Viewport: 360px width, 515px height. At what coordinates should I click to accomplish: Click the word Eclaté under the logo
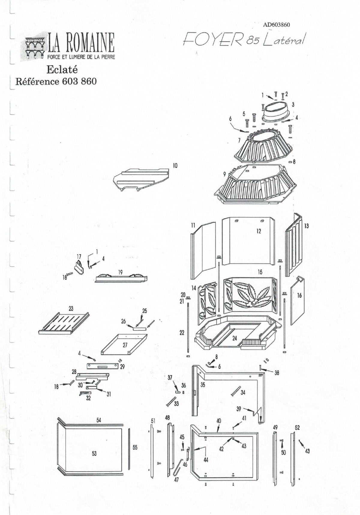(62, 70)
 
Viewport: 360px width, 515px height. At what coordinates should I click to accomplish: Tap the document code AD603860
(276, 25)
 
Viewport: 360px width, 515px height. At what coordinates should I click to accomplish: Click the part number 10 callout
(175, 165)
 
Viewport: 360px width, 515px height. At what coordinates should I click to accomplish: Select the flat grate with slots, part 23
(64, 323)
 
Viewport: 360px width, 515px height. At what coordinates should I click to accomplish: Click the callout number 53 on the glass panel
(94, 454)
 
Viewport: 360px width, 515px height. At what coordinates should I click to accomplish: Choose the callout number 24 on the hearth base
(235, 338)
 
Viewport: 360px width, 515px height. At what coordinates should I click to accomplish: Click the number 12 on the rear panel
(259, 231)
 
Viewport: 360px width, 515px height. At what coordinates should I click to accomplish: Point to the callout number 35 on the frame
(203, 385)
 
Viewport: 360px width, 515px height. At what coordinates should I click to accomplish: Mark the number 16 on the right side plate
(299, 296)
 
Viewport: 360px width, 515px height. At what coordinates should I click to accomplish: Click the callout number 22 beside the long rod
(182, 333)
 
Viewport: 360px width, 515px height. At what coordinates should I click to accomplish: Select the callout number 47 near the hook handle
(176, 480)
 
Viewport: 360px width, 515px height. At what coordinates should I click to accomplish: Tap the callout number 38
(277, 373)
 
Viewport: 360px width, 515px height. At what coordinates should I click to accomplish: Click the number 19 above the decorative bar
(120, 272)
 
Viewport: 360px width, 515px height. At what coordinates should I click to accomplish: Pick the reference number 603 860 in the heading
(79, 81)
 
